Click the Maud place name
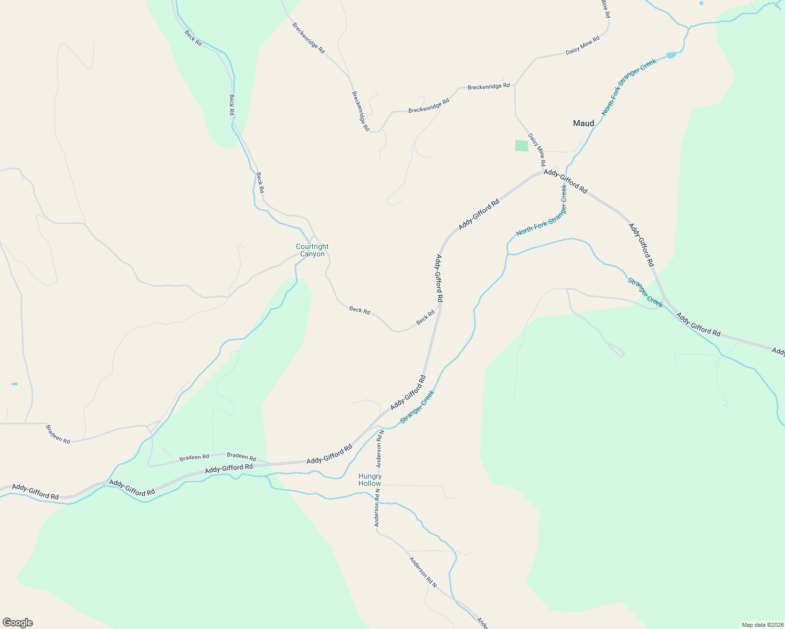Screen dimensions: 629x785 point(584,124)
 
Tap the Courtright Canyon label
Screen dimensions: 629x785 point(312,251)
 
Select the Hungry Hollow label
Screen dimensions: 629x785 point(370,480)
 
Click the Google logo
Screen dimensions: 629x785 point(17,623)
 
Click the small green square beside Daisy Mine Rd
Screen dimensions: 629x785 point(522,146)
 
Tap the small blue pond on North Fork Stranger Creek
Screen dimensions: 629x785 point(671,55)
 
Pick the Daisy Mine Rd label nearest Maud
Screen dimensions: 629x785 point(537,149)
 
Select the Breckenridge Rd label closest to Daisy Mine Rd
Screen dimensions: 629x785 point(488,86)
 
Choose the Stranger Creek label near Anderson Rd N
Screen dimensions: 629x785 point(417,407)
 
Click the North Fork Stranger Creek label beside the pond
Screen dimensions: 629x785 point(629,87)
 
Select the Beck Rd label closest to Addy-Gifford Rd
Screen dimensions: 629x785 point(426,317)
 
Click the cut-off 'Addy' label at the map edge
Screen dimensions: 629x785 point(778,351)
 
